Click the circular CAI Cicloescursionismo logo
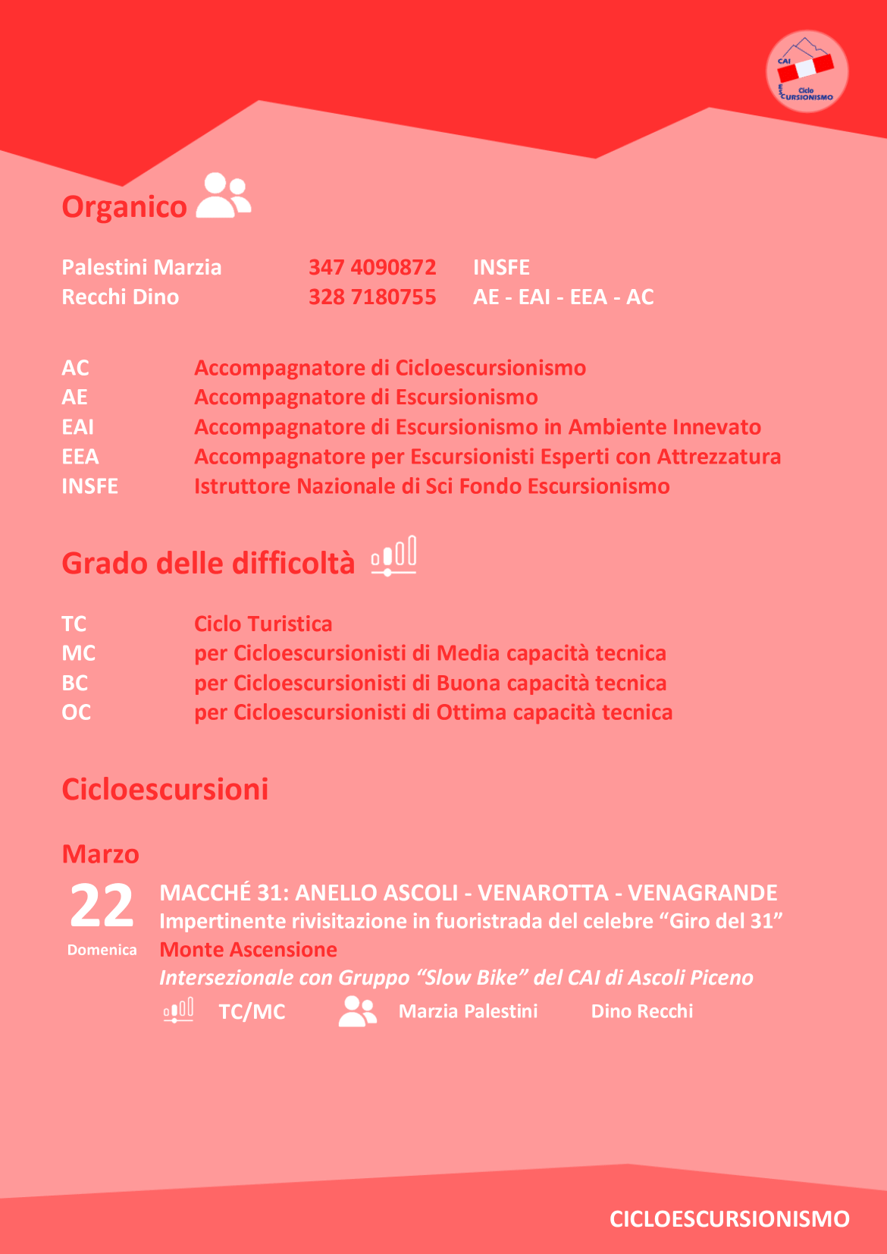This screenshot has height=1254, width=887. pos(807,72)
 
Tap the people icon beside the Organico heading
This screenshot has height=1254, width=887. pos(224,196)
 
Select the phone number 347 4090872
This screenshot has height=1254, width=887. pos(371,267)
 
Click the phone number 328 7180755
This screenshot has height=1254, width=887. pos(371,297)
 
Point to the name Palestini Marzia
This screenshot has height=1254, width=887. pos(142,267)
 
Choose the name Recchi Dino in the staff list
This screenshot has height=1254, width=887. pos(121,297)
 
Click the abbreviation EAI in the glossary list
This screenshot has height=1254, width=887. pos(78,427)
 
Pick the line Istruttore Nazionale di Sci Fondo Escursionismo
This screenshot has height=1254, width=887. pos(431,486)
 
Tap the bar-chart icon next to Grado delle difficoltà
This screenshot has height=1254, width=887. pos(393,556)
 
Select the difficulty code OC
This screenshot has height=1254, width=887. pos(77,712)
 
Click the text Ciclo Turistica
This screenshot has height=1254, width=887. pos(263,624)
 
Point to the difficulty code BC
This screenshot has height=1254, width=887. pos(75,683)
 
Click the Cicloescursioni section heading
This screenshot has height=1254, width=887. pos(165,789)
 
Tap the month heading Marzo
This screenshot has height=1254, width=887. pos(101,854)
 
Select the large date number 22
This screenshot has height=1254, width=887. pos(102,907)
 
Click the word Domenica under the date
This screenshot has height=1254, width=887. pos(102,950)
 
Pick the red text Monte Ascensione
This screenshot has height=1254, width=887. pos(248,950)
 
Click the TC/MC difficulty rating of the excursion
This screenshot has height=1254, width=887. pos(252,1011)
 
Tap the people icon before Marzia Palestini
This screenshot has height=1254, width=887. pos(358,1011)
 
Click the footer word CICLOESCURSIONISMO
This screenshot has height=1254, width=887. pos(729,1218)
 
